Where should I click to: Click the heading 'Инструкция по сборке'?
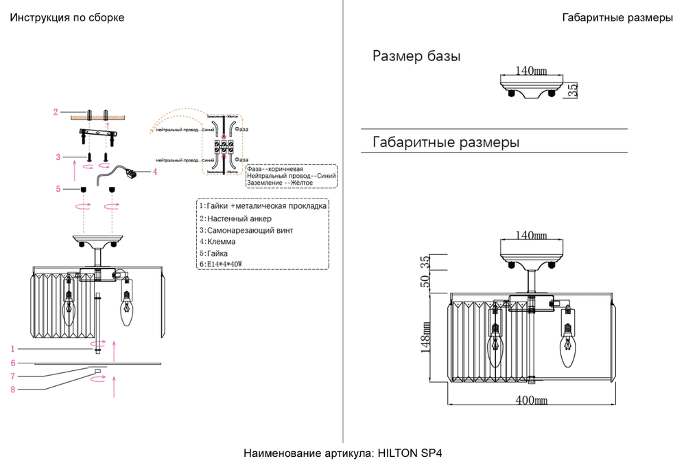click(67, 18)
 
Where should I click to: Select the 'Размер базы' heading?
click(416, 56)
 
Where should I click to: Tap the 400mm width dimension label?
click(532, 400)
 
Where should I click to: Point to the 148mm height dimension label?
click(425, 337)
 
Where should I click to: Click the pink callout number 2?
click(56, 111)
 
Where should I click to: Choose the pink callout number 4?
click(155, 172)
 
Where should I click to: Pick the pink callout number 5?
click(58, 189)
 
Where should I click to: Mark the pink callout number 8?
click(13, 390)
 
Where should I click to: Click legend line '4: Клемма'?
click(217, 242)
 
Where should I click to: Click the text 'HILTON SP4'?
click(410, 454)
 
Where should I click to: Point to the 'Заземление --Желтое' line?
click(280, 183)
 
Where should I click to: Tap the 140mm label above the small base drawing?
click(531, 70)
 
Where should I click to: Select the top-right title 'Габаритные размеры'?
click(617, 18)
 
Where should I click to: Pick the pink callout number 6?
click(13, 363)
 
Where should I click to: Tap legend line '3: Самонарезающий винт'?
click(246, 230)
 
